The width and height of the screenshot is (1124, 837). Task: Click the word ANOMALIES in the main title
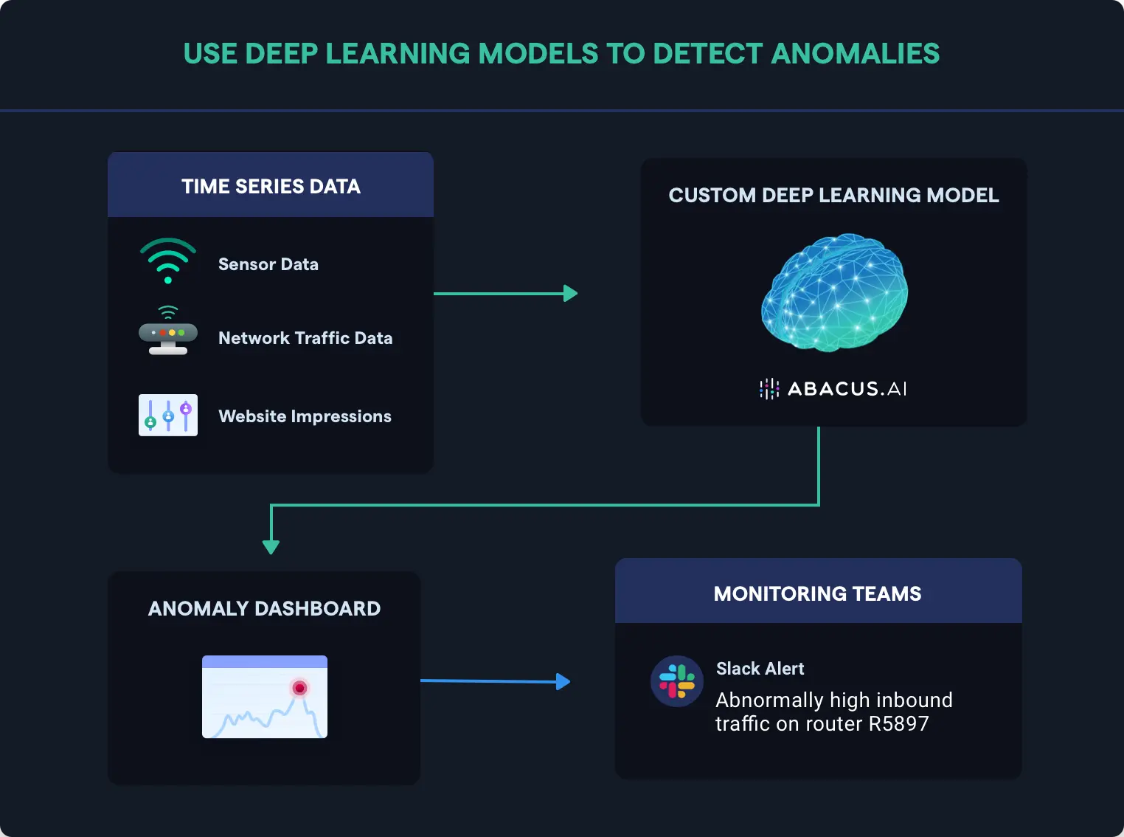pos(856,54)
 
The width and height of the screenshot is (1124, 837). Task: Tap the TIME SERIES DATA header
pos(271,186)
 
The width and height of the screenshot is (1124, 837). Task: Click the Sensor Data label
pos(268,264)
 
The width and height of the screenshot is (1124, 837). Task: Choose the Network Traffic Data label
pos(305,338)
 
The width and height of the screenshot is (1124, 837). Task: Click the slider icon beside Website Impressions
pos(168,415)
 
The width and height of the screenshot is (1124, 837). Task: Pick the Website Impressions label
pos(305,416)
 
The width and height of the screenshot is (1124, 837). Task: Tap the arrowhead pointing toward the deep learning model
pos(570,294)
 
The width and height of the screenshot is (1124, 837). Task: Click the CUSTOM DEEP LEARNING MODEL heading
pos(833,195)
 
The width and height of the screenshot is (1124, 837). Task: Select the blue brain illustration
pos(834,292)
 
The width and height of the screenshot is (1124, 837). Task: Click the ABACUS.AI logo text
pos(847,389)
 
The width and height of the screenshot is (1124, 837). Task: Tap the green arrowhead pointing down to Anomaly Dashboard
pos(271,547)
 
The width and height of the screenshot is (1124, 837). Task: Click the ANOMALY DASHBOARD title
pos(264,608)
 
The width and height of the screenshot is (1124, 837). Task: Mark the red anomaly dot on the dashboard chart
pos(299,688)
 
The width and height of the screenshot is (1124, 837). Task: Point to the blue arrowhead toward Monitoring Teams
pos(563,681)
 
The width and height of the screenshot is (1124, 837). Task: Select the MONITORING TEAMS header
pos(817,593)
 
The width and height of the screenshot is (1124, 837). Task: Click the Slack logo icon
pos(676,681)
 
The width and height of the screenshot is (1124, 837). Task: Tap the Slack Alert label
pos(760,669)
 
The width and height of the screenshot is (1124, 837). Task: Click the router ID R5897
pos(898,723)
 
